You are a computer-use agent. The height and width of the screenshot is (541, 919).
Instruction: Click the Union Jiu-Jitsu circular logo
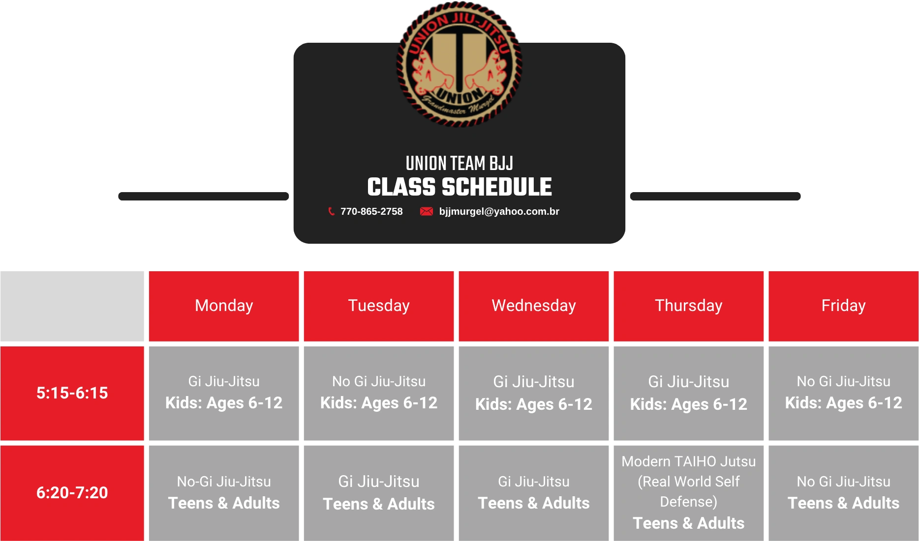coord(459,64)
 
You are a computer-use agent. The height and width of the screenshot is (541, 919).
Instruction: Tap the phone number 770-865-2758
coord(371,211)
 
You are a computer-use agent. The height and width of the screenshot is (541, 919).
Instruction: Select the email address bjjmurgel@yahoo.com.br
coord(499,211)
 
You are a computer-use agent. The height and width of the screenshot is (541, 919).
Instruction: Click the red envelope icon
coord(426,211)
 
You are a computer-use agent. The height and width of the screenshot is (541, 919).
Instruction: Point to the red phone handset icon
coord(331,211)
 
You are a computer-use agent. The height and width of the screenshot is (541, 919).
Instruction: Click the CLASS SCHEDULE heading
coord(459,187)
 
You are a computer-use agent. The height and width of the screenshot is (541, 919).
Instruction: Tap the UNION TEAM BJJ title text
coord(459,163)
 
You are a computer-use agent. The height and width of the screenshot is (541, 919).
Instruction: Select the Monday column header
coord(224,306)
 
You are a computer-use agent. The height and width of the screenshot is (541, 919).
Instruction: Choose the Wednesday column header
coord(534,306)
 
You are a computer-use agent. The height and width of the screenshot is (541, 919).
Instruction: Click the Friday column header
coord(844,306)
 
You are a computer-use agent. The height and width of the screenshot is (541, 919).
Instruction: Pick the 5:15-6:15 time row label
coord(72,393)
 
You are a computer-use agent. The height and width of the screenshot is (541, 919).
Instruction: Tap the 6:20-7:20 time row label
coord(72,493)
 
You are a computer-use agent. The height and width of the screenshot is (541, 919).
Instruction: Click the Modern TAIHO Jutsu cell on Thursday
coord(689,493)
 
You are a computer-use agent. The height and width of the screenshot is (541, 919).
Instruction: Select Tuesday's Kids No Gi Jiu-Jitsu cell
coord(379,393)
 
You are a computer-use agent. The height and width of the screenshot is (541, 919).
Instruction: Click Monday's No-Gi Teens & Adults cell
coord(224,493)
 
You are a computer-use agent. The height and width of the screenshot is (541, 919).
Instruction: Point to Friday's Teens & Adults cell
coord(844,493)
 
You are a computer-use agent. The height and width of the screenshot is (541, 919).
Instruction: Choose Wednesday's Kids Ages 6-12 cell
coord(534,393)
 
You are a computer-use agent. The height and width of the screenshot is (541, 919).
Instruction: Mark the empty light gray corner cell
coord(72,306)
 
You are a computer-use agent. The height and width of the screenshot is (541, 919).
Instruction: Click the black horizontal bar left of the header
coord(204,196)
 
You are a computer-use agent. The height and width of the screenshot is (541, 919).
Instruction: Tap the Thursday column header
coord(689,306)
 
